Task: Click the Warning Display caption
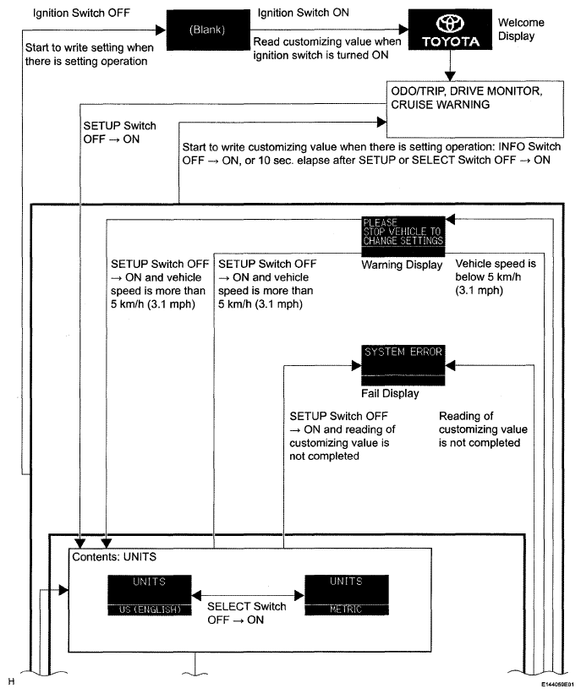[403, 265]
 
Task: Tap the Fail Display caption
[391, 394]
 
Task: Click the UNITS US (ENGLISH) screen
[149, 595]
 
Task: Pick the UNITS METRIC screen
[345, 595]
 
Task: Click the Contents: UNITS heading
[115, 558]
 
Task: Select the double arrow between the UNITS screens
[247, 593]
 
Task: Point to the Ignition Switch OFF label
[74, 14]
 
